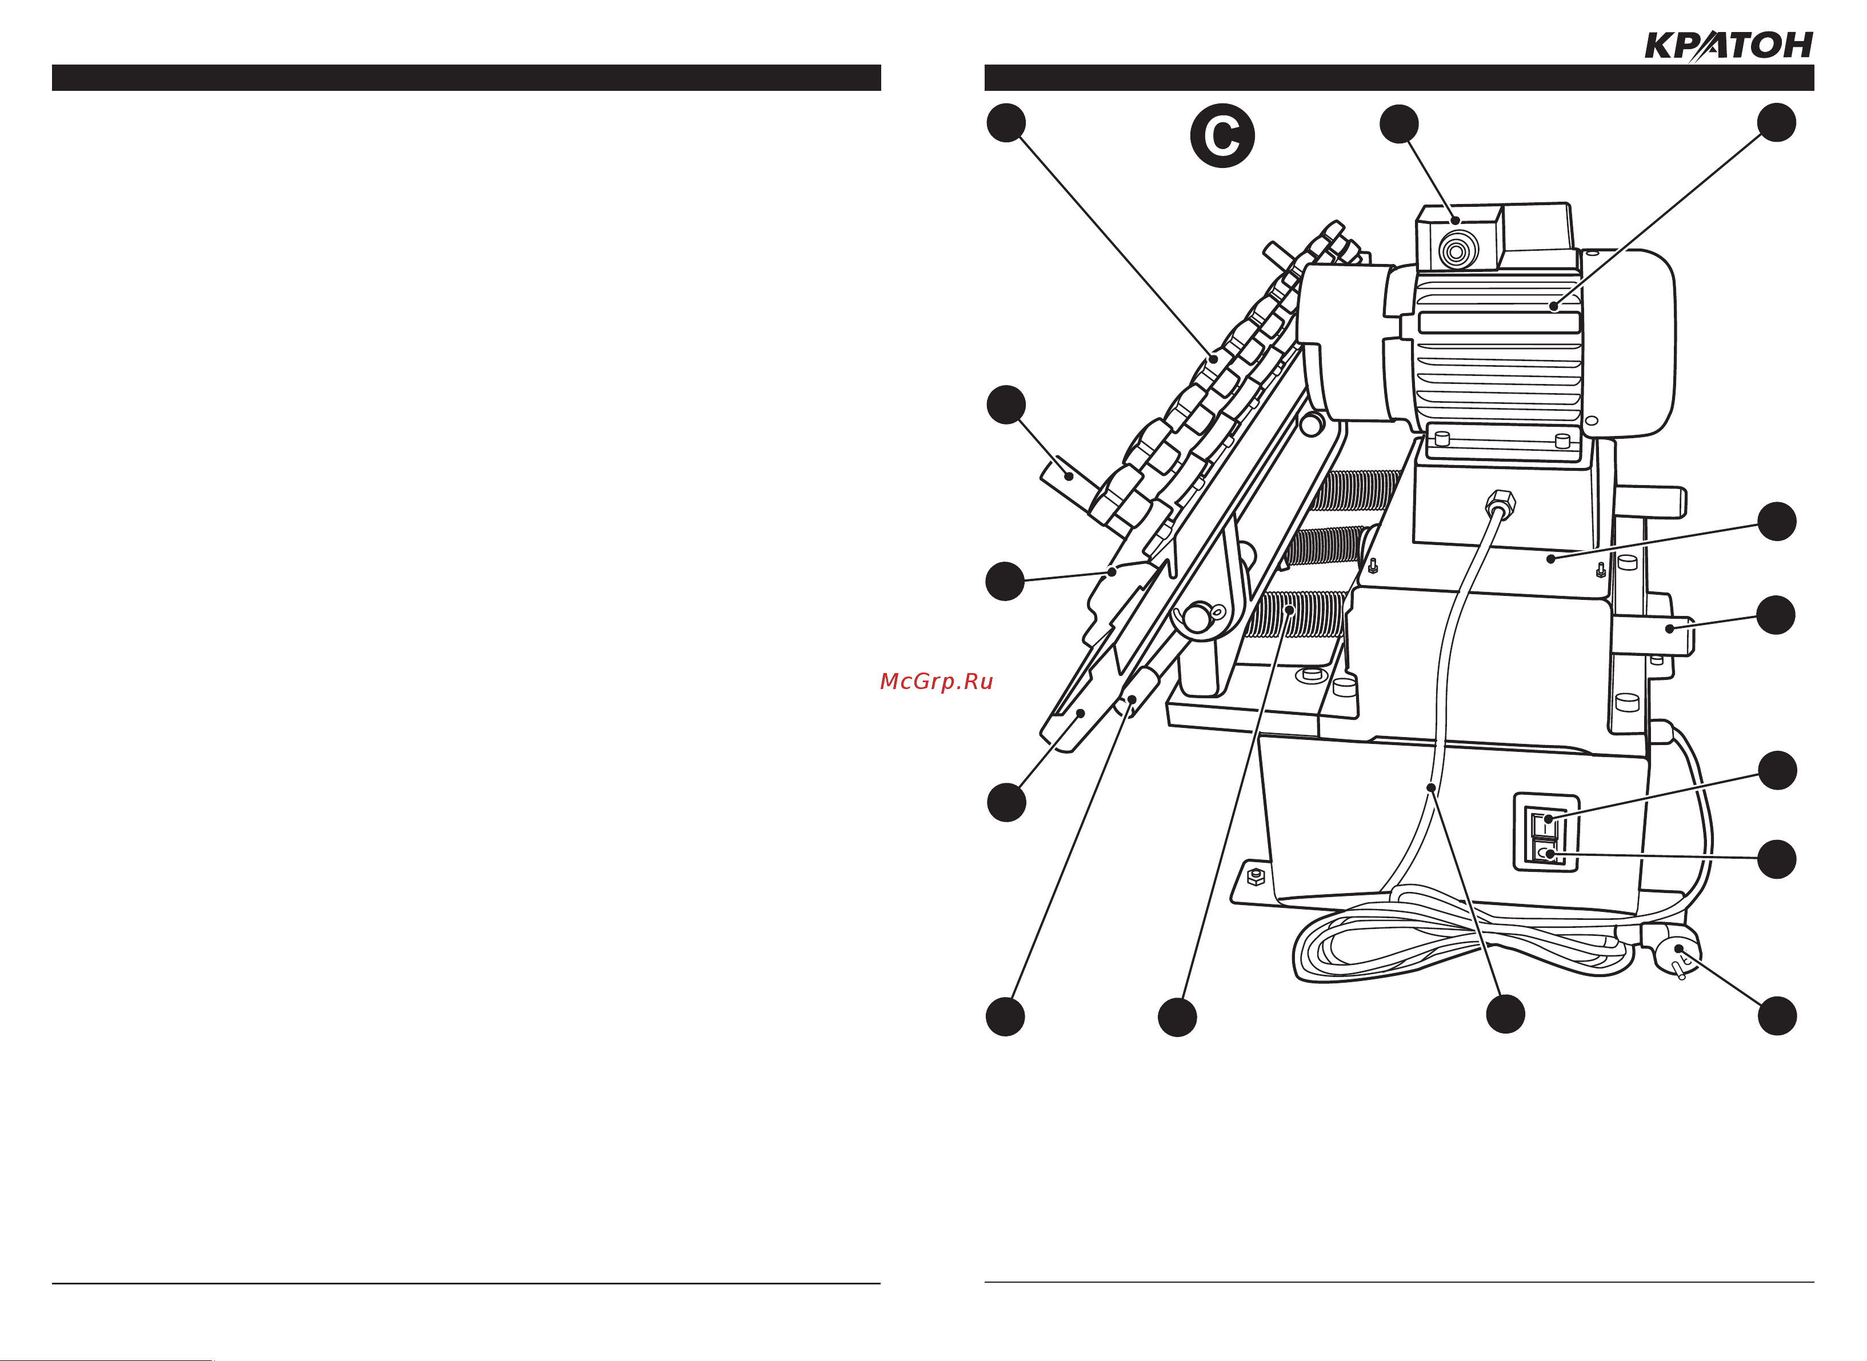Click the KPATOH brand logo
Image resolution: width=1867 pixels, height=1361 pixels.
coord(1729,47)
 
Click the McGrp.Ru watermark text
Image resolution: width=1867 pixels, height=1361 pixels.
coord(937,681)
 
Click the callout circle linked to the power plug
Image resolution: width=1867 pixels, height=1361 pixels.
coord(1777,1016)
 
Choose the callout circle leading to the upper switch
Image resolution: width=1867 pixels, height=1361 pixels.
coord(1777,770)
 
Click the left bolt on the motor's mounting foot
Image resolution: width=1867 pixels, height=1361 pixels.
coord(1442,438)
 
